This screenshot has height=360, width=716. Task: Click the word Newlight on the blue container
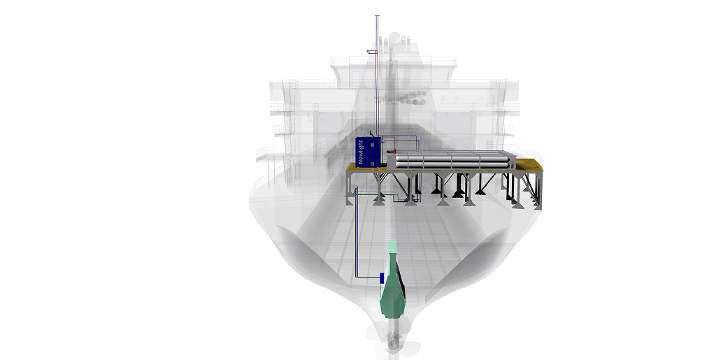[361, 151]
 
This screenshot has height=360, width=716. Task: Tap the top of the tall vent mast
[378, 16]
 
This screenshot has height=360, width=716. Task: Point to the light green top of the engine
[393, 247]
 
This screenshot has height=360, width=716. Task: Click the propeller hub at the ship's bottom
[394, 343]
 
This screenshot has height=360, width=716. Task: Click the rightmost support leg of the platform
[538, 192]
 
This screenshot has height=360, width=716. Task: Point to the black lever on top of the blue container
[371, 131]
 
